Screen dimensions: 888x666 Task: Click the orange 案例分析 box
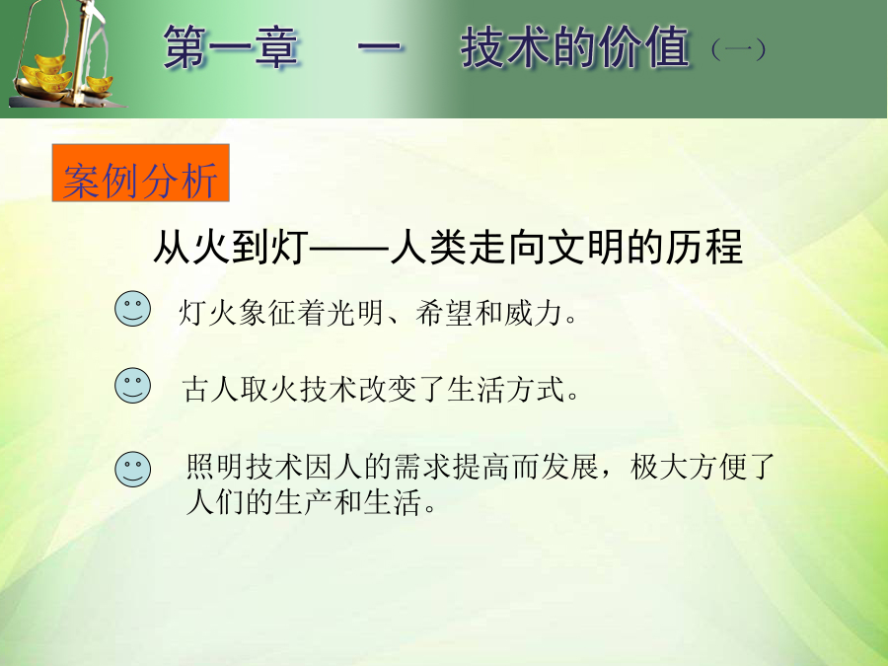140,173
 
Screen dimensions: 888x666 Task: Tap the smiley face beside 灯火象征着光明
132,309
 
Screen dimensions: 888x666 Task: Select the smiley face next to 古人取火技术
132,386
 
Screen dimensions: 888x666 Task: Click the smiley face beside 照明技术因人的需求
132,469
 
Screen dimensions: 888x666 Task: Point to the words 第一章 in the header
231,47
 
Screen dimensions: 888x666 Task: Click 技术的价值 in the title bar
575,47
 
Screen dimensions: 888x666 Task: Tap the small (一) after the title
738,50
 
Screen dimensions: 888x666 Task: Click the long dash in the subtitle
349,248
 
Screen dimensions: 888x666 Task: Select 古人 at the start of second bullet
211,390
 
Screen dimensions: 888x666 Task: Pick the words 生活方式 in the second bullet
506,390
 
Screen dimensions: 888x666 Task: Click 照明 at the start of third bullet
216,468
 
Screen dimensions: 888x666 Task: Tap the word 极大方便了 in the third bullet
703,468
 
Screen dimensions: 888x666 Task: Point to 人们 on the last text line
215,502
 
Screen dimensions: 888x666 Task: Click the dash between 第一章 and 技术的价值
380,48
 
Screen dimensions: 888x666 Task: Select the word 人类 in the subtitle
428,247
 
